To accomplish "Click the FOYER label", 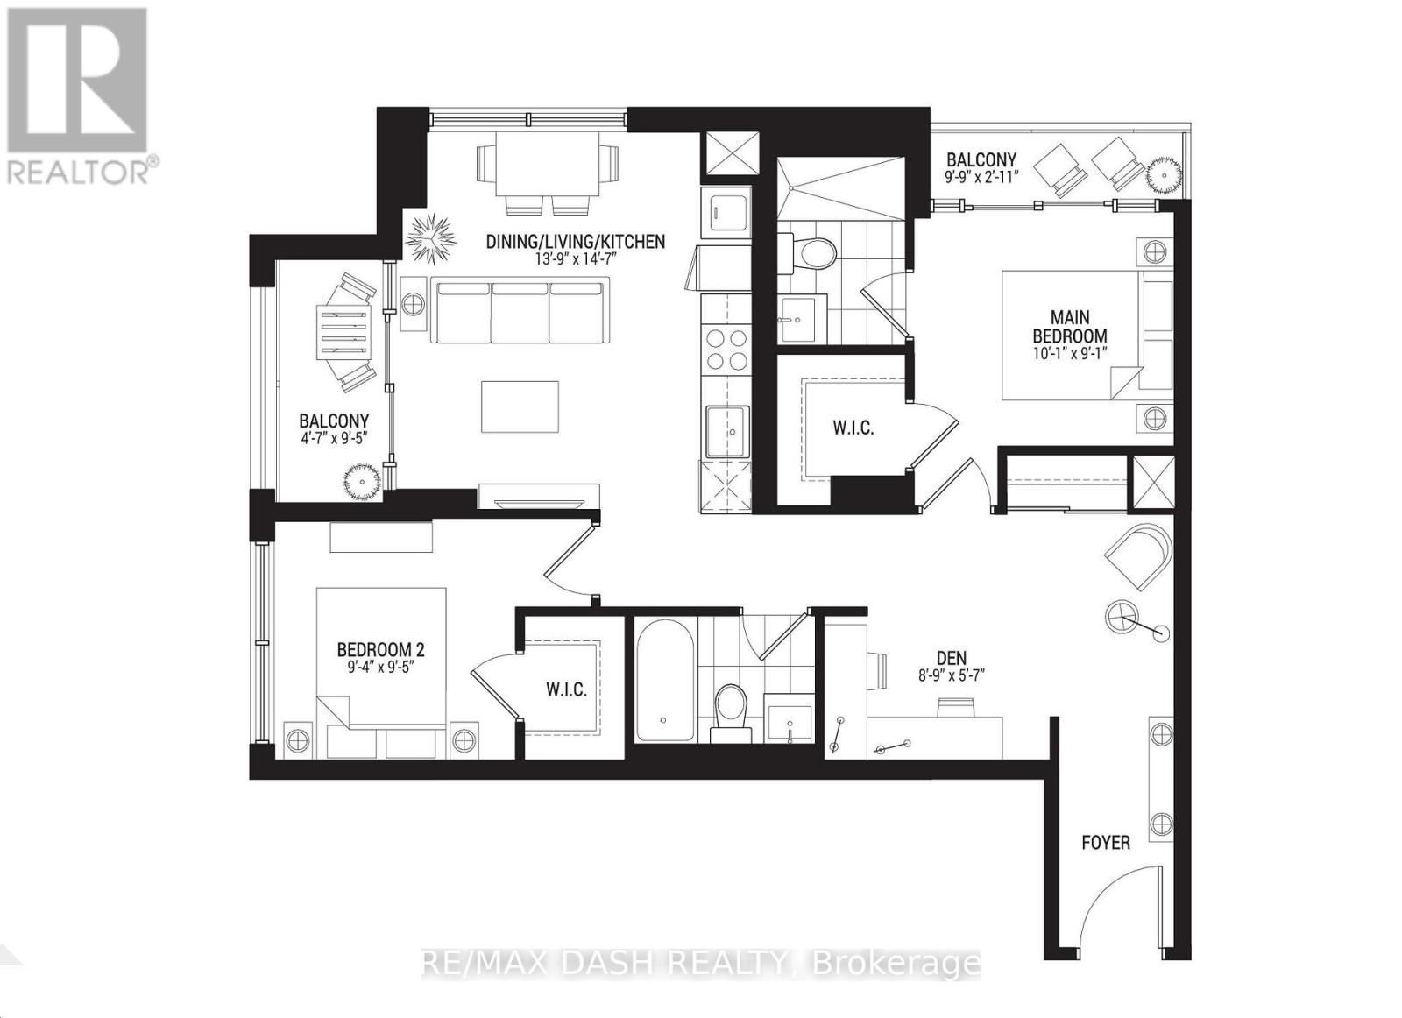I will pyautogui.click(x=1105, y=843).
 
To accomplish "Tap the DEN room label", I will pyautogui.click(x=951, y=659).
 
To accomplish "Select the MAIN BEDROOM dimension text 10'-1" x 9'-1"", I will pyautogui.click(x=1069, y=355).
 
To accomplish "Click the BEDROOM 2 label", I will pyautogui.click(x=380, y=650).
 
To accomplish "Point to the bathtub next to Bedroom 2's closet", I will pyautogui.click(x=664, y=682).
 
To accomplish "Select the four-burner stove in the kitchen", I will pyautogui.click(x=726, y=349).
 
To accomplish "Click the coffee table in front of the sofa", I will pyautogui.click(x=520, y=406).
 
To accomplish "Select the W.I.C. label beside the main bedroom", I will pyautogui.click(x=853, y=428).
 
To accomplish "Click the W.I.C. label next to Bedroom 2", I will pyautogui.click(x=566, y=690).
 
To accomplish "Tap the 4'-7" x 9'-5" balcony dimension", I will pyautogui.click(x=334, y=441).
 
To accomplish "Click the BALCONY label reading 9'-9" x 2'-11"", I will pyautogui.click(x=981, y=160).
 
